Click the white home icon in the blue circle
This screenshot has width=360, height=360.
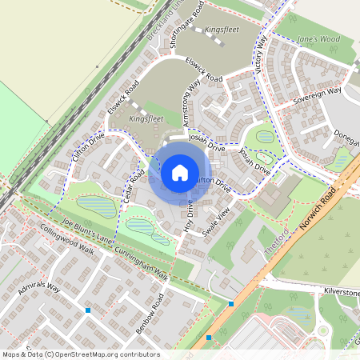point(180,172)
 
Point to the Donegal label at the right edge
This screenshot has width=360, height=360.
point(346,137)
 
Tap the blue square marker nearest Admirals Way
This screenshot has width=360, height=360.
point(88,310)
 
